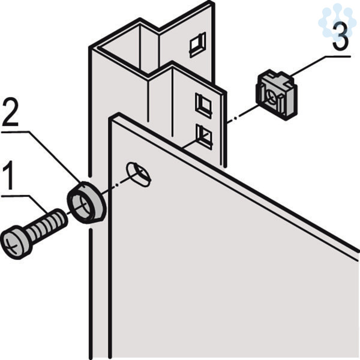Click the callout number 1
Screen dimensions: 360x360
tap(9, 175)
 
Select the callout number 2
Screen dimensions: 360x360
tap(10, 112)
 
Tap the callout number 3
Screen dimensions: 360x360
tap(340, 37)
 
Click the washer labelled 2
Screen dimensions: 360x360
tap(86, 202)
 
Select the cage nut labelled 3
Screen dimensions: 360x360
tap(277, 95)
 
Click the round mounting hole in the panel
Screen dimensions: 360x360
tap(139, 175)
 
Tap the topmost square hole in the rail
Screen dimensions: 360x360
tap(197, 44)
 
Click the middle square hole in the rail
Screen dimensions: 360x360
tap(203, 105)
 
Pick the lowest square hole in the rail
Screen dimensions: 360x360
tap(204, 136)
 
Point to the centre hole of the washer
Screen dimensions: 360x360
tap(82, 205)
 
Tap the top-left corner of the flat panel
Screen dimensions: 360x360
tap(110, 118)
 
